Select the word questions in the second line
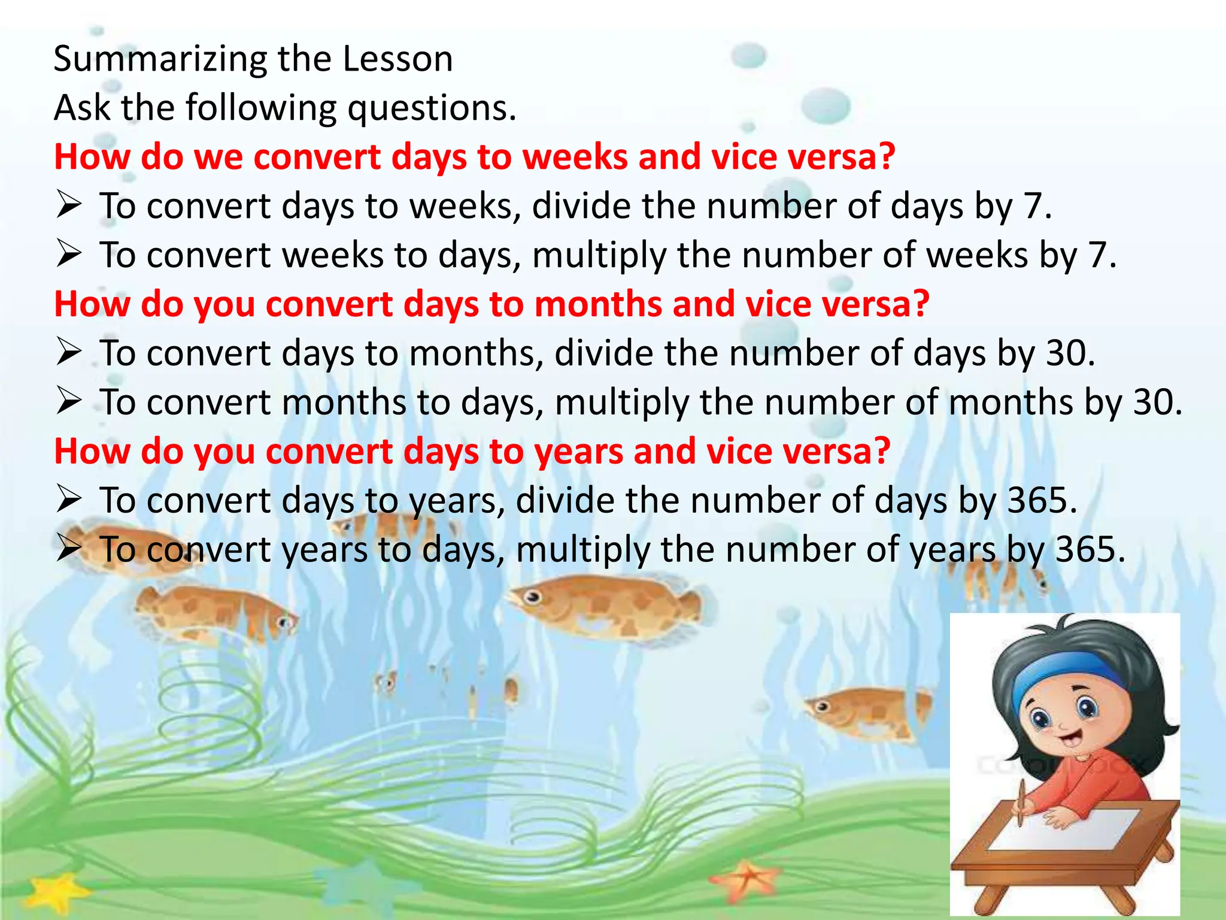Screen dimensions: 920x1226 (431, 108)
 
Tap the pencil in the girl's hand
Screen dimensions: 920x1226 (1021, 803)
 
